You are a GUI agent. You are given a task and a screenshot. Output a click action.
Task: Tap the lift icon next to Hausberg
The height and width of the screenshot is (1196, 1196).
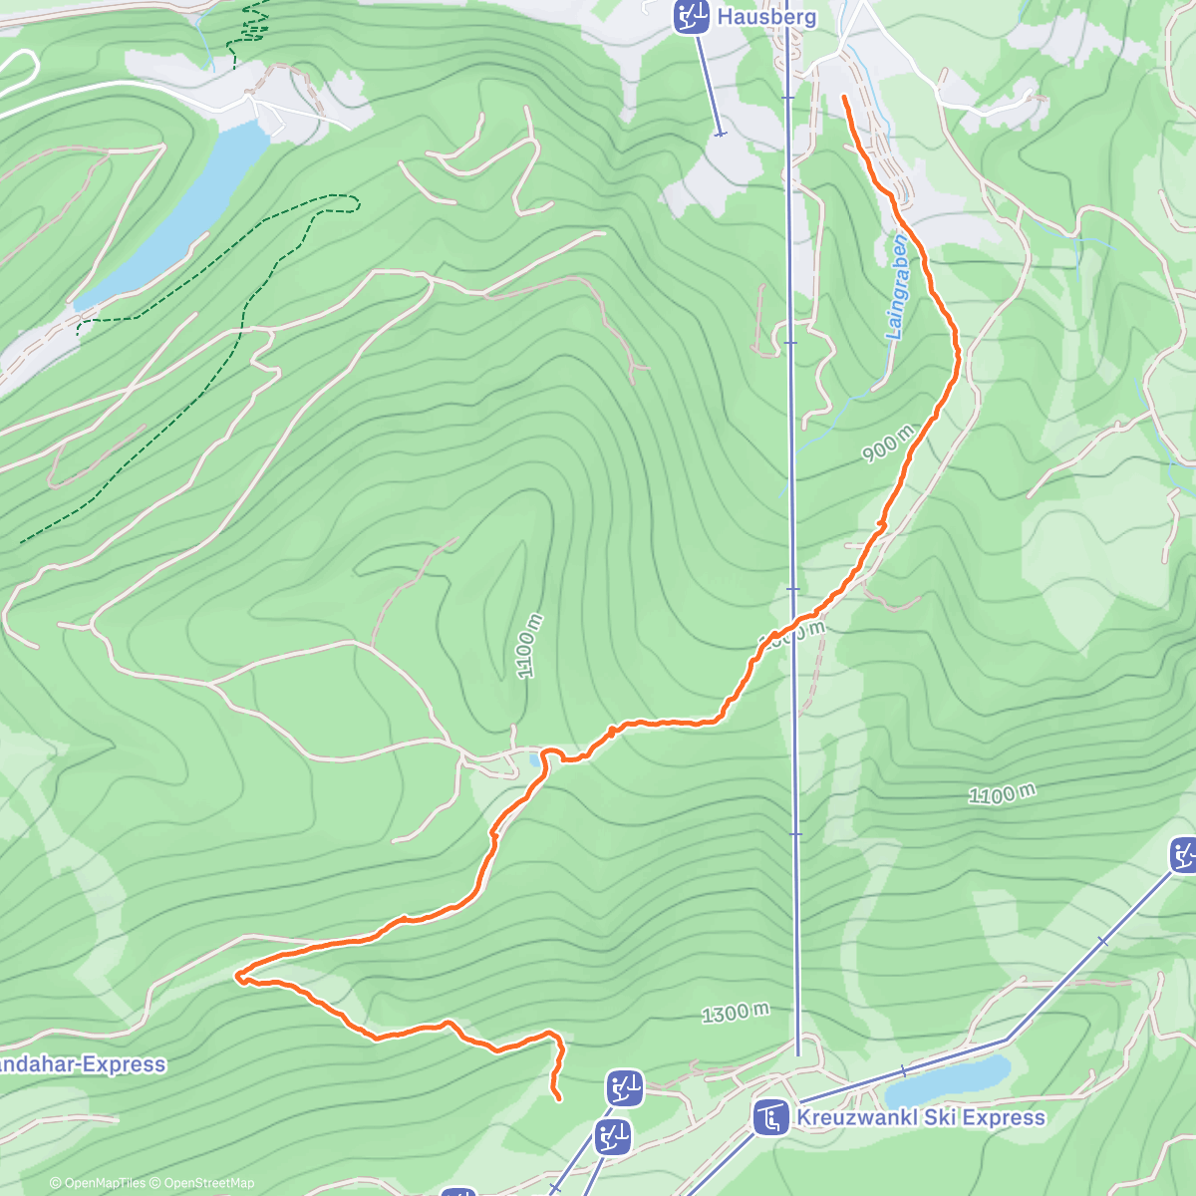point(690,17)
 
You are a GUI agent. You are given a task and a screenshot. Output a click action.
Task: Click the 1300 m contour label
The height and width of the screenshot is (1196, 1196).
point(736,1013)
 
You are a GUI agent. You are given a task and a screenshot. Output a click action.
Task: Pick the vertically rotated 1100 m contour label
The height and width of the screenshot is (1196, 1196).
point(529,646)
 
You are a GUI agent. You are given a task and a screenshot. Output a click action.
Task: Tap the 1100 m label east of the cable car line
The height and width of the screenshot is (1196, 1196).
point(1002,794)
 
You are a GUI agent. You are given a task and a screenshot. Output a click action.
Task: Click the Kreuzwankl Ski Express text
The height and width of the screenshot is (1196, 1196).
point(921,1116)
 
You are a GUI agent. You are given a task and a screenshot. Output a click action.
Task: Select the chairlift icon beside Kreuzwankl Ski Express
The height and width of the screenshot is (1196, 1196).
point(769,1117)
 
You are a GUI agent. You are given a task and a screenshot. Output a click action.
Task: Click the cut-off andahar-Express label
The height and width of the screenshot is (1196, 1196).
point(82,1064)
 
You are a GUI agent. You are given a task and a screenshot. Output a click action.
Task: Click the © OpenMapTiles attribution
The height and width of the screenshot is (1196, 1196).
point(98,1183)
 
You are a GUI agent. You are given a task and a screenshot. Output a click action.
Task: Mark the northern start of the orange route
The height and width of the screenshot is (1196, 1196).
point(845,98)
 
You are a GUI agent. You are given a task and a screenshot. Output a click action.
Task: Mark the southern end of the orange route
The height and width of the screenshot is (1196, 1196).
point(558,1099)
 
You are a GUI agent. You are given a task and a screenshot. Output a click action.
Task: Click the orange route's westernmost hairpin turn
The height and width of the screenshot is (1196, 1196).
point(238,977)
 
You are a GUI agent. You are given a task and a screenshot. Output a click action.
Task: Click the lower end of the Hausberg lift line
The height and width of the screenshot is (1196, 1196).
point(720,134)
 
